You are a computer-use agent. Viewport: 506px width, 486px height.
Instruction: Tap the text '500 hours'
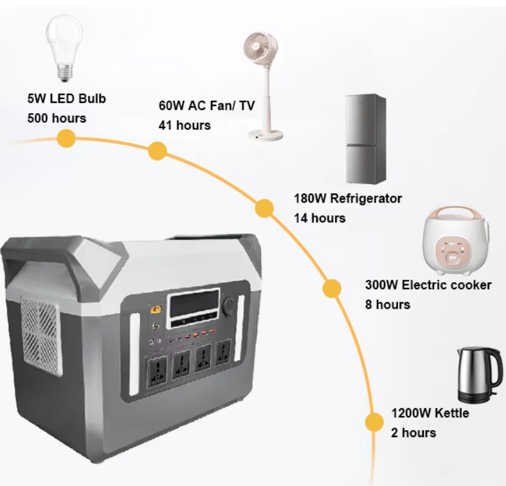point(57,118)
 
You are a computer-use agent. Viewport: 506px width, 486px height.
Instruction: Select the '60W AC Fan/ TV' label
point(206,105)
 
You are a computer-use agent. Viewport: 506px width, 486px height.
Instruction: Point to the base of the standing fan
point(266,134)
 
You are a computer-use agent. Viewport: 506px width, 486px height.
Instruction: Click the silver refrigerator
point(366,139)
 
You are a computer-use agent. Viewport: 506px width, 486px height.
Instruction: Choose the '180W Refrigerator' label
point(348,199)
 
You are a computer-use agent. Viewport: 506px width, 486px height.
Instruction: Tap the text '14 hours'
point(320,219)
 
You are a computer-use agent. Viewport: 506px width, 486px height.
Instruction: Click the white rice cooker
point(456,240)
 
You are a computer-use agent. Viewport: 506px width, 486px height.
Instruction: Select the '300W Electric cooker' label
point(428,285)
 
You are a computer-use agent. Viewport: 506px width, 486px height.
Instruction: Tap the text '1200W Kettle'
point(430,413)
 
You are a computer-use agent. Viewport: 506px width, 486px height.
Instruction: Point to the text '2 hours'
point(413,433)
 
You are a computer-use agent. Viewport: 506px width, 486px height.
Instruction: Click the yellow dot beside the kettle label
point(374,422)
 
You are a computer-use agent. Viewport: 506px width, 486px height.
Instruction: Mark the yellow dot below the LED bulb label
point(66,138)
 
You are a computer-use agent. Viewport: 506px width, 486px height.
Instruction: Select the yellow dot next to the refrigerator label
point(264,208)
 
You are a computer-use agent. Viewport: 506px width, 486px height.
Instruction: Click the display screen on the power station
point(193,303)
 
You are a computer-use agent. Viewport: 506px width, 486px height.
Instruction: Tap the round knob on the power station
point(229,304)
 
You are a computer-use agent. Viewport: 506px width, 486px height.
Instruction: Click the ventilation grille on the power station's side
point(41,336)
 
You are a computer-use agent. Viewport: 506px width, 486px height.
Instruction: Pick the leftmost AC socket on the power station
point(157,371)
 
